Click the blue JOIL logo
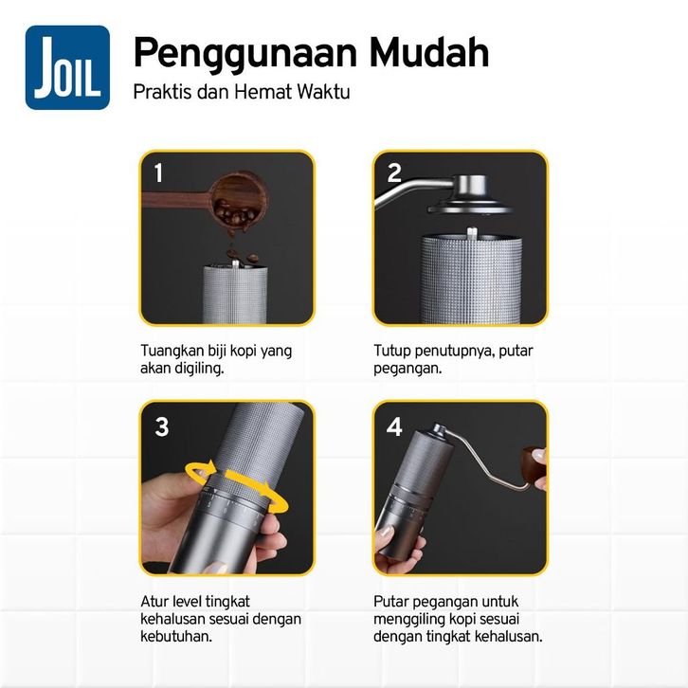point(67,67)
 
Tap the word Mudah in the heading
point(429,52)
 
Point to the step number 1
point(158,172)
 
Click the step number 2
point(394,172)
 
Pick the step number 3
point(161,426)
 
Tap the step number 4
point(394,426)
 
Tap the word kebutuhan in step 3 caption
point(175,636)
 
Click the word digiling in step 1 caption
point(199,368)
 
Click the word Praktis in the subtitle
point(162,92)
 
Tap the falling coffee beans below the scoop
point(242,255)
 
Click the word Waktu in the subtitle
point(323,92)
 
